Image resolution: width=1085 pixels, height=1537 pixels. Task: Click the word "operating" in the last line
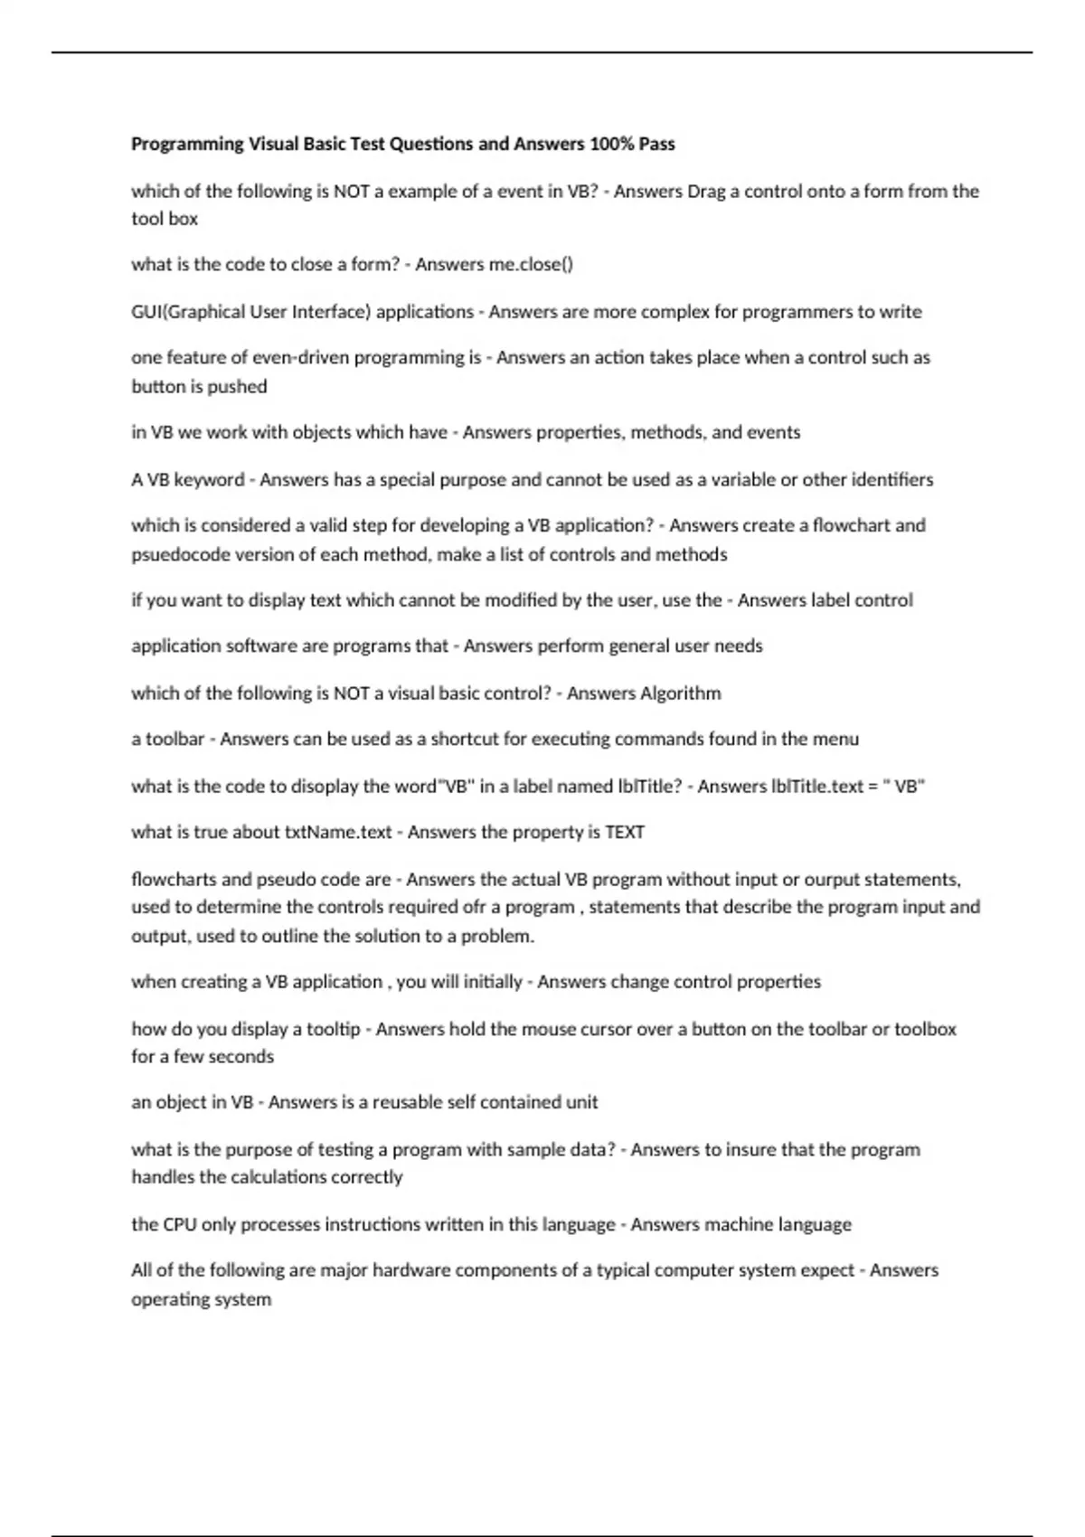click(169, 1299)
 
